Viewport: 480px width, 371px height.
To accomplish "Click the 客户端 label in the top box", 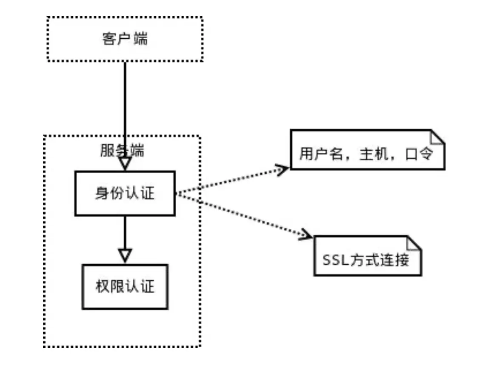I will [x=125, y=39].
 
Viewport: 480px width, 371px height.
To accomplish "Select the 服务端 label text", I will [x=122, y=151].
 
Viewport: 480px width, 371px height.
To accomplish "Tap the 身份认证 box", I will [x=125, y=193].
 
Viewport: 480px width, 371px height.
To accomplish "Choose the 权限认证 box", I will [x=125, y=286].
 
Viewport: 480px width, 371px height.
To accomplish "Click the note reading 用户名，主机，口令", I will [x=366, y=154].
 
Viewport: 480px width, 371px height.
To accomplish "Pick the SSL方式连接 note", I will [x=366, y=260].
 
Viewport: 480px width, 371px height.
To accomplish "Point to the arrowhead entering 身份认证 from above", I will [x=125, y=164].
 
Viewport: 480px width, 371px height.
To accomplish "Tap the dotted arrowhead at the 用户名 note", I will [x=283, y=169].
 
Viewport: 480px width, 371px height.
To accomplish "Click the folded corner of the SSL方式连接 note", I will [x=414, y=244].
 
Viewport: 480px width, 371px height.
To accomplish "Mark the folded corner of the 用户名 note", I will [x=437, y=137].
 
